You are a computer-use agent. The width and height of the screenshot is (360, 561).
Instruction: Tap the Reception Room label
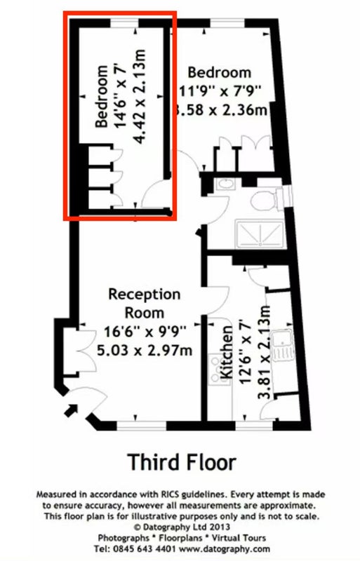(x=144, y=304)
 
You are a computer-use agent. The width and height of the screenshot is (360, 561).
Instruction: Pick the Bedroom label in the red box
(x=102, y=96)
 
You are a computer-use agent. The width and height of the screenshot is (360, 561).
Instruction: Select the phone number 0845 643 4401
(x=144, y=548)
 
